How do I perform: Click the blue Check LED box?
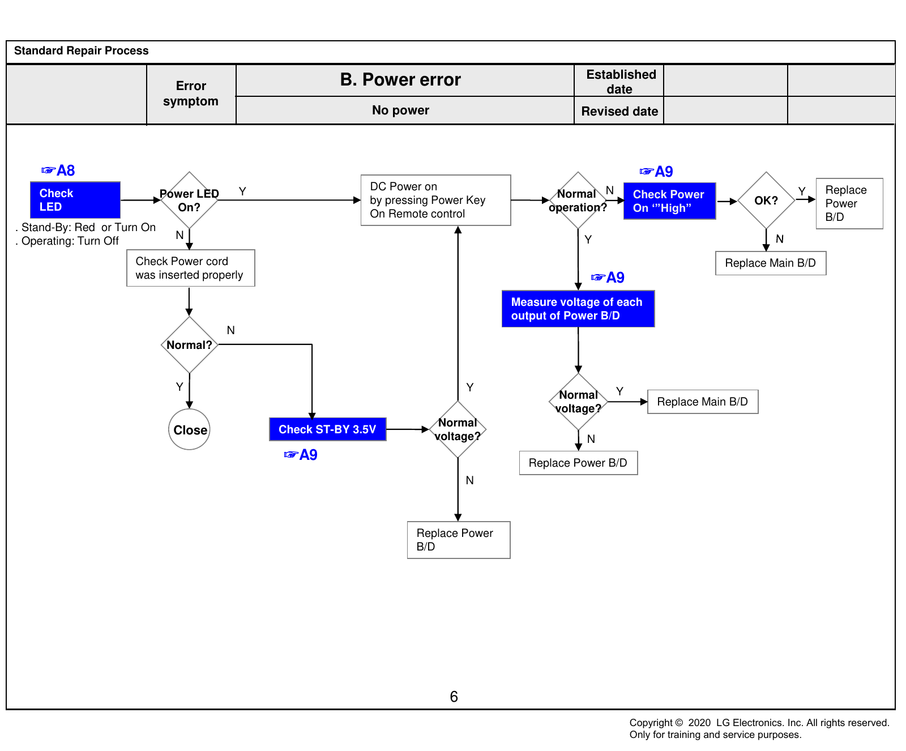tap(75, 200)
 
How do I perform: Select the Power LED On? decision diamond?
tap(189, 200)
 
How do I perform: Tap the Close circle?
tap(189, 429)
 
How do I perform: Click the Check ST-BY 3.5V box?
tap(328, 429)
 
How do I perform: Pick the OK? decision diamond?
tap(766, 200)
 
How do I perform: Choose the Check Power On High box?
tap(670, 201)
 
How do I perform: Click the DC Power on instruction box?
tap(436, 200)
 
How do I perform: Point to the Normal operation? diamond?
tap(578, 200)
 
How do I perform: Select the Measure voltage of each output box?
tap(578, 309)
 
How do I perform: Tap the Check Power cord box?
tap(191, 268)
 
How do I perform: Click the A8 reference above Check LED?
tap(58, 170)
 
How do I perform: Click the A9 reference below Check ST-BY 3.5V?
tap(301, 455)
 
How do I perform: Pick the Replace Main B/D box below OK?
tap(771, 263)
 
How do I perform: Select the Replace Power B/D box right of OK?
tap(849, 203)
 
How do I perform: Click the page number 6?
tap(454, 697)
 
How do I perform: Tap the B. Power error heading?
tap(401, 80)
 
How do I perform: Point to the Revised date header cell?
tap(619, 111)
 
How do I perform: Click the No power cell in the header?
tap(401, 110)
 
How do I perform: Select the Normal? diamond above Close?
tap(189, 344)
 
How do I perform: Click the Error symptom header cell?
tap(191, 93)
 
